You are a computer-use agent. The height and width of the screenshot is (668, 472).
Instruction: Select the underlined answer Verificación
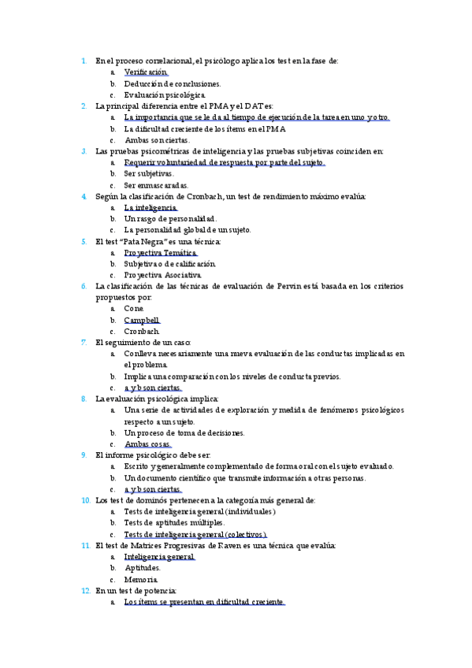click(x=146, y=72)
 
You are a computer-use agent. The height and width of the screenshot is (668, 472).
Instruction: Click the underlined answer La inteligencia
click(x=151, y=207)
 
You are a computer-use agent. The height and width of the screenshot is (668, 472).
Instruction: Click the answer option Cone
click(x=134, y=310)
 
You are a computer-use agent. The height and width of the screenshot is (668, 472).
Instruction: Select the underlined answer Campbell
click(x=142, y=321)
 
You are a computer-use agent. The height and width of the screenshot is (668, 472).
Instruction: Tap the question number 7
click(x=84, y=343)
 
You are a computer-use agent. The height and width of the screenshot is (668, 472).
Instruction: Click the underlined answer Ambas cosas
click(x=148, y=444)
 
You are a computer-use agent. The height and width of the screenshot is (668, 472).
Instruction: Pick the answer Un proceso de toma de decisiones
click(x=184, y=433)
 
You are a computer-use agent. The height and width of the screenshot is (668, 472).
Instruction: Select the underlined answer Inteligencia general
click(x=159, y=557)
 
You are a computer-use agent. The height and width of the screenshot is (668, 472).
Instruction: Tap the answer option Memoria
click(x=141, y=579)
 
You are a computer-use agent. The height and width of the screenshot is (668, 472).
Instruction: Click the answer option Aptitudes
click(x=143, y=568)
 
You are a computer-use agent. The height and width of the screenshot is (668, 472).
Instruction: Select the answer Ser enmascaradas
click(x=156, y=184)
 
